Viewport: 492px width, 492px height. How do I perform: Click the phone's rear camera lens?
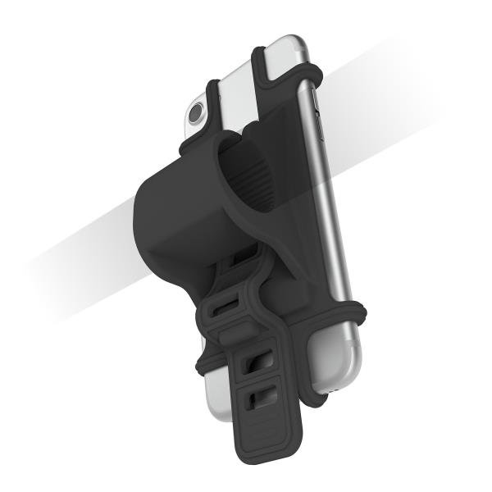(x=195, y=115)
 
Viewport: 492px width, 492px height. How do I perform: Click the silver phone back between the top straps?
(x=238, y=90)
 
